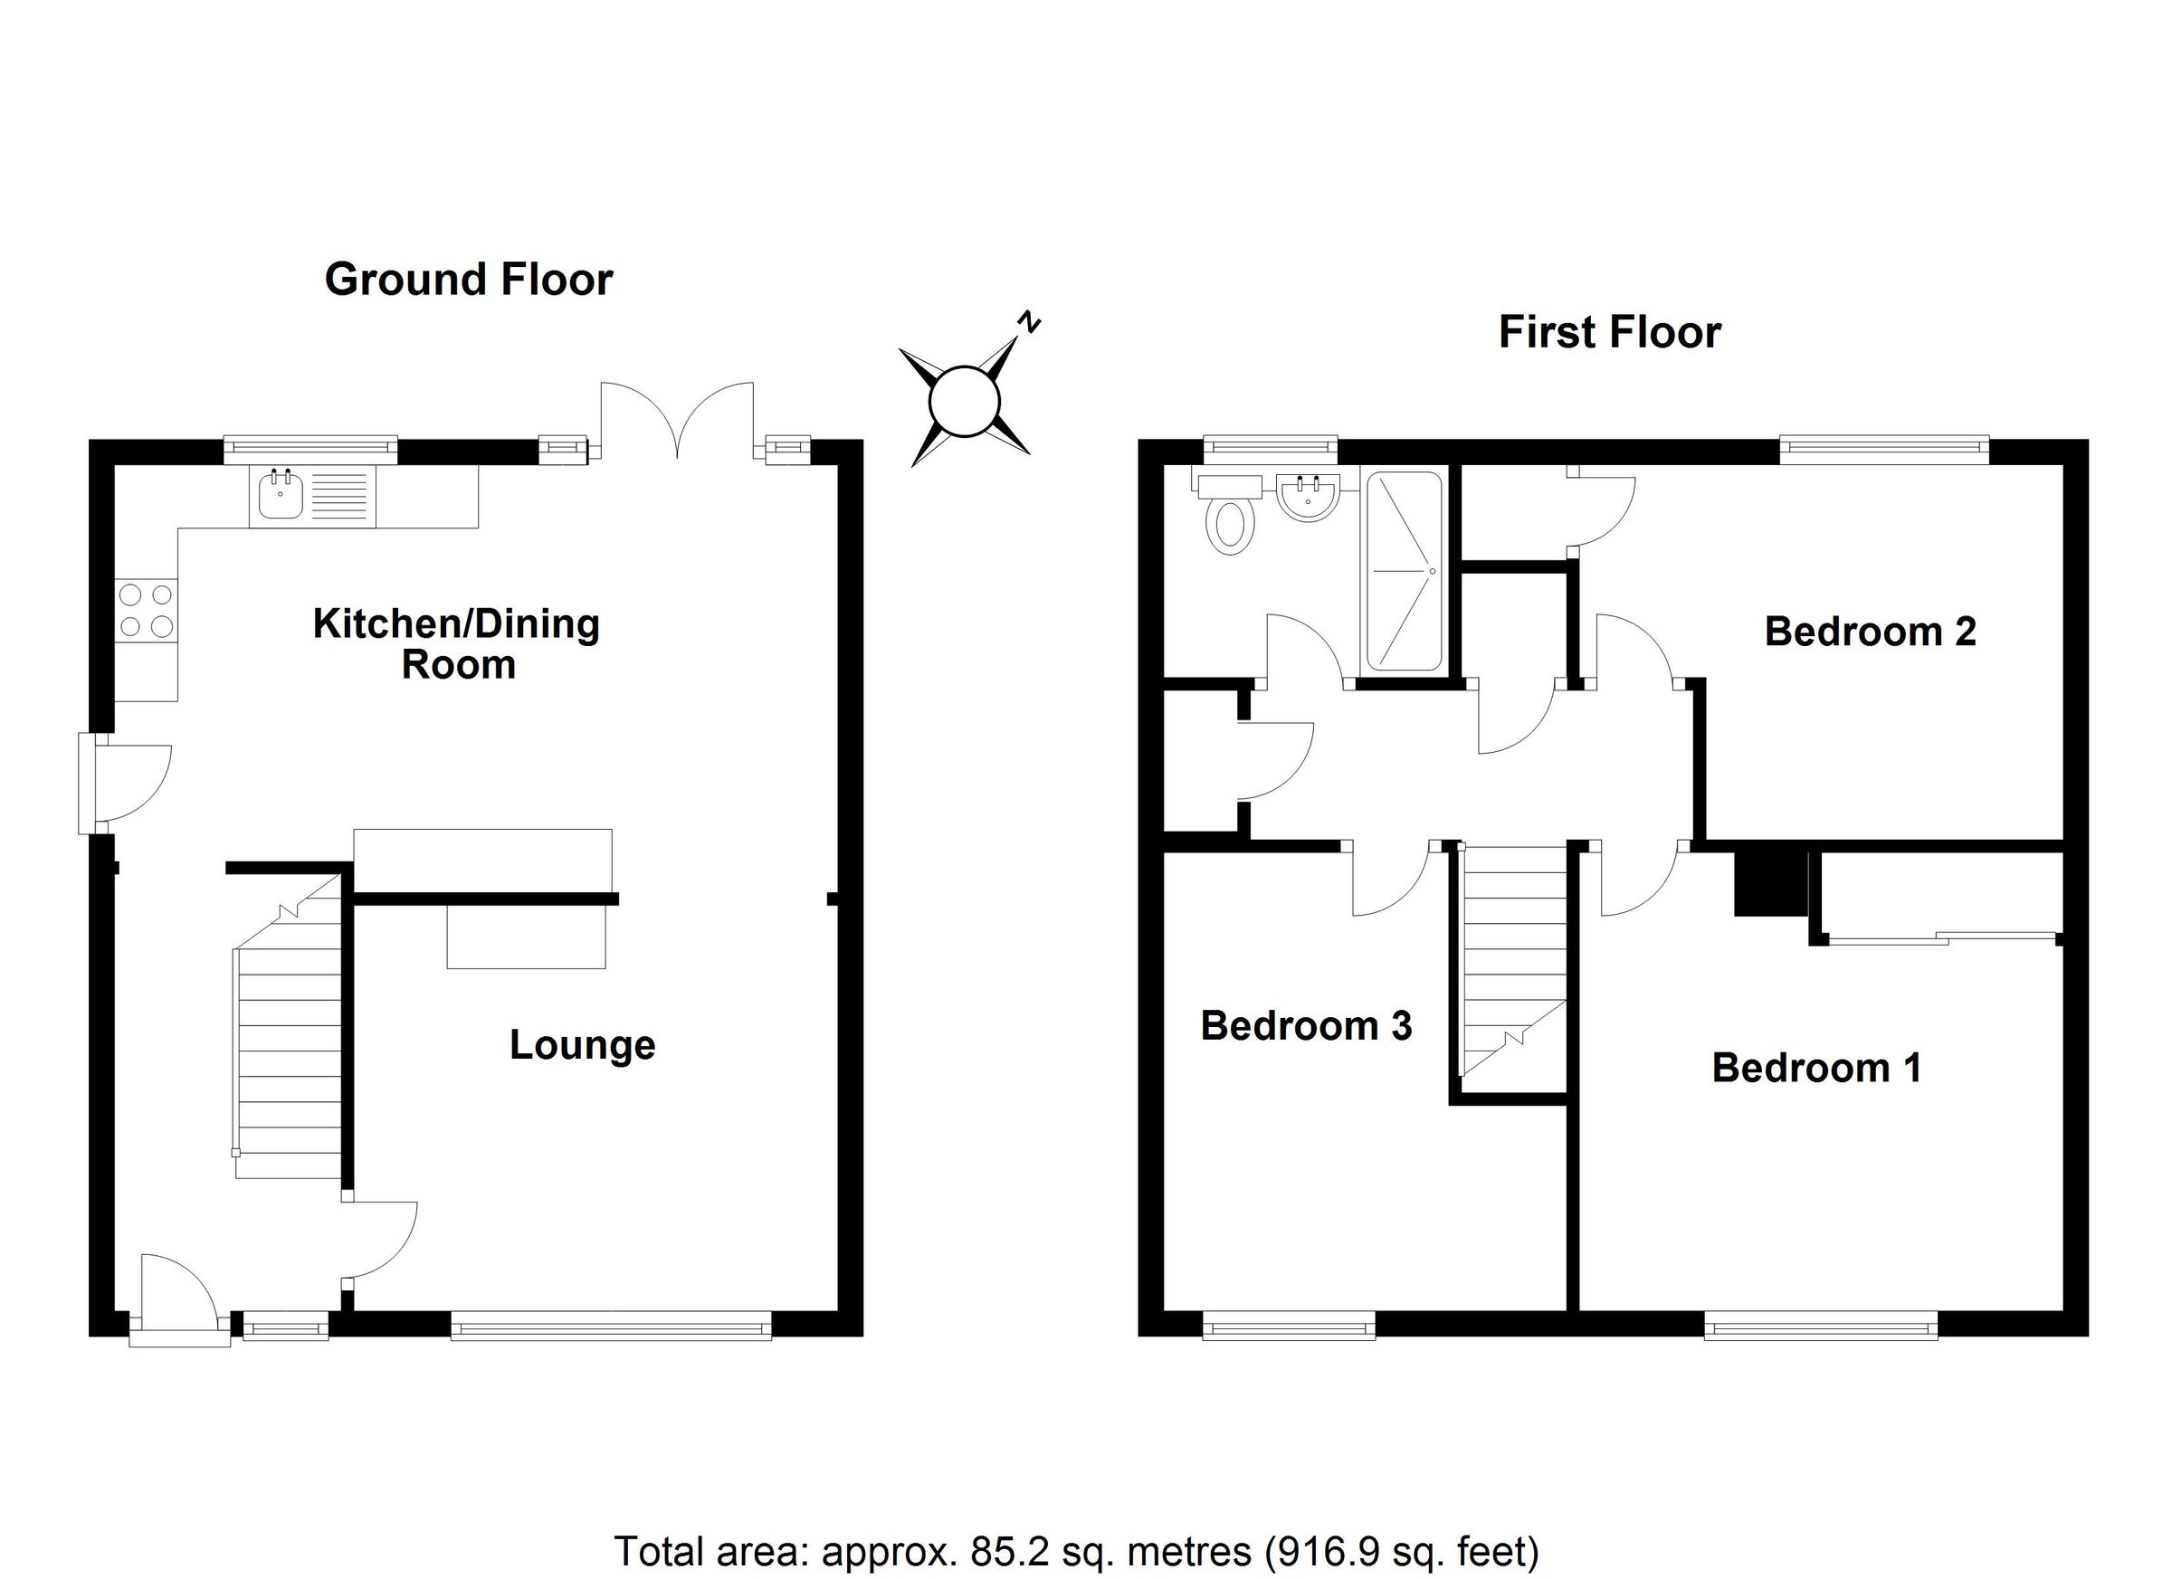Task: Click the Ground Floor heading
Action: pos(468,280)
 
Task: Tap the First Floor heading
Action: pos(1609,332)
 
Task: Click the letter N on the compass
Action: pos(1029,322)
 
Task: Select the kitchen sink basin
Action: pos(281,497)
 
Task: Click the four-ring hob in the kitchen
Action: pos(147,610)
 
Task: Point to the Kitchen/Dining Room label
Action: pos(457,643)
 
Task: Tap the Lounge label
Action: pos(581,1045)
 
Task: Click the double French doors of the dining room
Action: pos(677,419)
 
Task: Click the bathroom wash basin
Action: pos(1306,498)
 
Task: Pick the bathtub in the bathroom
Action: pos(1403,572)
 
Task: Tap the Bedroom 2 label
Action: pos(1870,632)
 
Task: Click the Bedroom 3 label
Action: pos(1305,1025)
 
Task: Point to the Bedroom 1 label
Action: pos(1815,1068)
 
